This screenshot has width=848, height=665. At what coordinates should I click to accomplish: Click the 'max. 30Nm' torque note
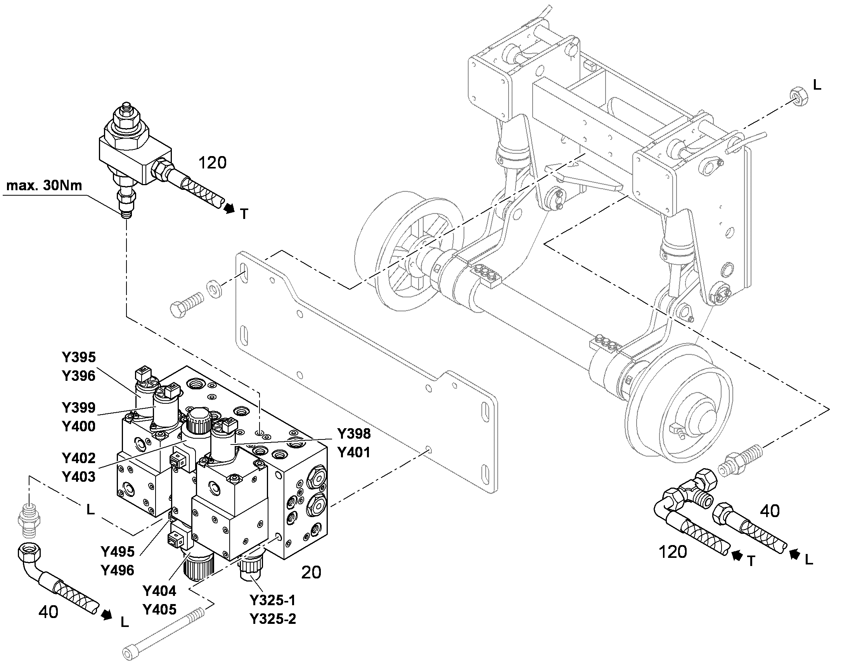(x=44, y=186)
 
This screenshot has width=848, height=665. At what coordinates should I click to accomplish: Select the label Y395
(x=79, y=357)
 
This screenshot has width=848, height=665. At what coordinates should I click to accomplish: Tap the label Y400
(x=79, y=426)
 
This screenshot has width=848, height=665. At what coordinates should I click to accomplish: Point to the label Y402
(x=79, y=458)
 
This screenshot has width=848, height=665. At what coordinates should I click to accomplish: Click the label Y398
(x=354, y=433)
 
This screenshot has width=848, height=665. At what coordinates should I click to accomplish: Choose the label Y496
(x=118, y=570)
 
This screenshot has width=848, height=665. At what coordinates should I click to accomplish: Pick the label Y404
(x=159, y=591)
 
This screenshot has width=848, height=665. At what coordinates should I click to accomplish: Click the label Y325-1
(x=273, y=601)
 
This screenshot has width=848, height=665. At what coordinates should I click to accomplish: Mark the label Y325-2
(x=273, y=619)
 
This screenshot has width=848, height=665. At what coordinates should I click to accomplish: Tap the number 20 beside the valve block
(x=311, y=572)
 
